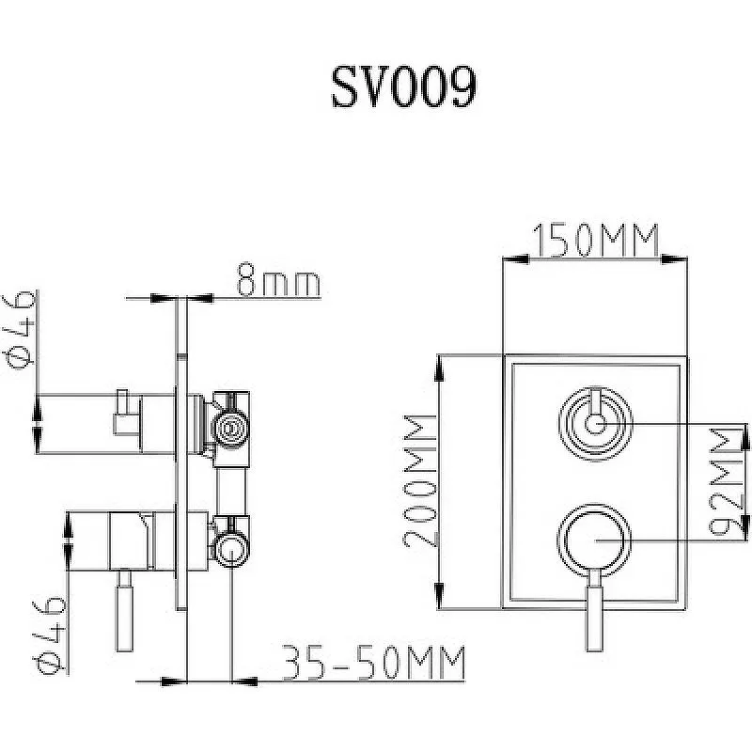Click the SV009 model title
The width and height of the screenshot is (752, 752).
pos(404,86)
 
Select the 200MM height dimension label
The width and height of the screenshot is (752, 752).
pos(419,481)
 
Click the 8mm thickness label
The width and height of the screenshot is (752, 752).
pos(278,279)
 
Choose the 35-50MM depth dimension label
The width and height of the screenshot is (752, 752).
pos(373,663)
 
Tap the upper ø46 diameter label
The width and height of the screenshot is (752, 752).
pos(21,330)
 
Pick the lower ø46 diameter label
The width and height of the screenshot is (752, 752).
pos(50,634)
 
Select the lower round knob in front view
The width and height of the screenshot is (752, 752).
pos(594,540)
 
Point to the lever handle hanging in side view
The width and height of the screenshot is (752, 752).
pos(125,610)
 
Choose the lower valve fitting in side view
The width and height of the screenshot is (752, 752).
pos(230,540)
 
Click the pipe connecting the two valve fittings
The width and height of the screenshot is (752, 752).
pos(231,491)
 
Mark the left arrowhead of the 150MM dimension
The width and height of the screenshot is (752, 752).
pos(514,259)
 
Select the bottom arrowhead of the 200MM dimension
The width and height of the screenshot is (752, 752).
pos(439,595)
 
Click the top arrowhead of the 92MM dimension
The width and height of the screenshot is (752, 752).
pos(744,437)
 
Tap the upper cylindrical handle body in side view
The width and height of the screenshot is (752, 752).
pos(105,424)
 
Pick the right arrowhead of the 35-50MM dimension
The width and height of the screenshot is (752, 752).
pos(244,681)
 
